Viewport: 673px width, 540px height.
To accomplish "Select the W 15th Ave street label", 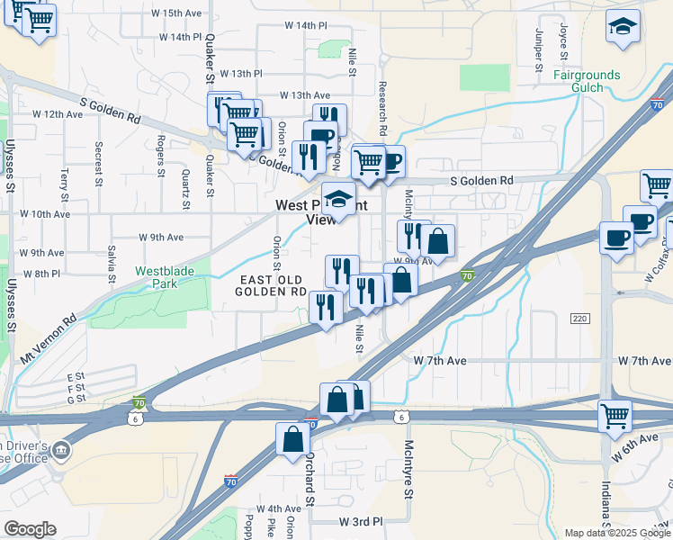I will pyautogui.click(x=175, y=13).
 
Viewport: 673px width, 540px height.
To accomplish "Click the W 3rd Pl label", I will pyautogui.click(x=361, y=521).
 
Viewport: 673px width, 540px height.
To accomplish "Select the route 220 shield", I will pyautogui.click(x=579, y=319).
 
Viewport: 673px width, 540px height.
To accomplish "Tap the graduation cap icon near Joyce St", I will pyautogui.click(x=623, y=27).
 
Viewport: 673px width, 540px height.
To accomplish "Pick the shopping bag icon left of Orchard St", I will pyautogui.click(x=293, y=439).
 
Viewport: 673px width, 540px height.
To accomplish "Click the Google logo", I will pyautogui.click(x=30, y=529).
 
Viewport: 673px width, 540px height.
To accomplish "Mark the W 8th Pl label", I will pyautogui.click(x=42, y=273).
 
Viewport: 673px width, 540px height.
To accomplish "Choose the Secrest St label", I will pyautogui.click(x=96, y=169).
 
